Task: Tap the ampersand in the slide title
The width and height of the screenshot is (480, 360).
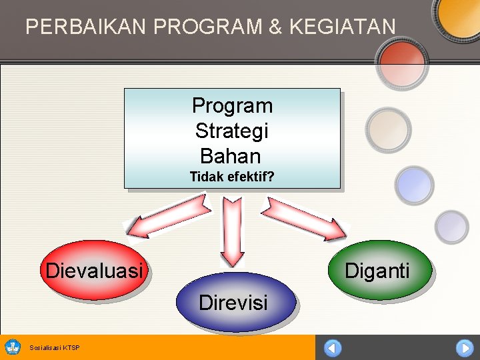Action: tap(275, 26)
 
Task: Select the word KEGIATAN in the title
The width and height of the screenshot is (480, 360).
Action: tap(343, 26)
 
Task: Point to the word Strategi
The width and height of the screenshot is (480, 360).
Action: tap(232, 131)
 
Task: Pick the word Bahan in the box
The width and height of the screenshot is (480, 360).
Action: tap(231, 156)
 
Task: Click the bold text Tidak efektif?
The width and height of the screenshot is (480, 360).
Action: tap(232, 177)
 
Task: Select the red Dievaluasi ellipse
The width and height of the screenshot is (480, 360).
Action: tap(94, 270)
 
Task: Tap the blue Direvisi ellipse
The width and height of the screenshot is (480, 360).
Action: tap(236, 301)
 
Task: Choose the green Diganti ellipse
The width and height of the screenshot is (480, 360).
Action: tap(380, 270)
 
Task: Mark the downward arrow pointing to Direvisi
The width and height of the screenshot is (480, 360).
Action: tap(233, 232)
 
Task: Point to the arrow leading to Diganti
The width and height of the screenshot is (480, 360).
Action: tap(304, 219)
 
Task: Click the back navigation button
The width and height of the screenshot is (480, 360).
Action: tap(333, 348)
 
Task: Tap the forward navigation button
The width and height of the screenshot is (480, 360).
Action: tap(465, 348)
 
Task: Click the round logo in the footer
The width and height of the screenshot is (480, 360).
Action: tap(13, 347)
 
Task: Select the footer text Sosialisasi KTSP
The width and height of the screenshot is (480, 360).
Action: tap(55, 348)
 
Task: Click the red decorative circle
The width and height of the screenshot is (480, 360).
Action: tap(402, 63)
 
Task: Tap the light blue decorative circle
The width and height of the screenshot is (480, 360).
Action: tap(414, 185)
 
